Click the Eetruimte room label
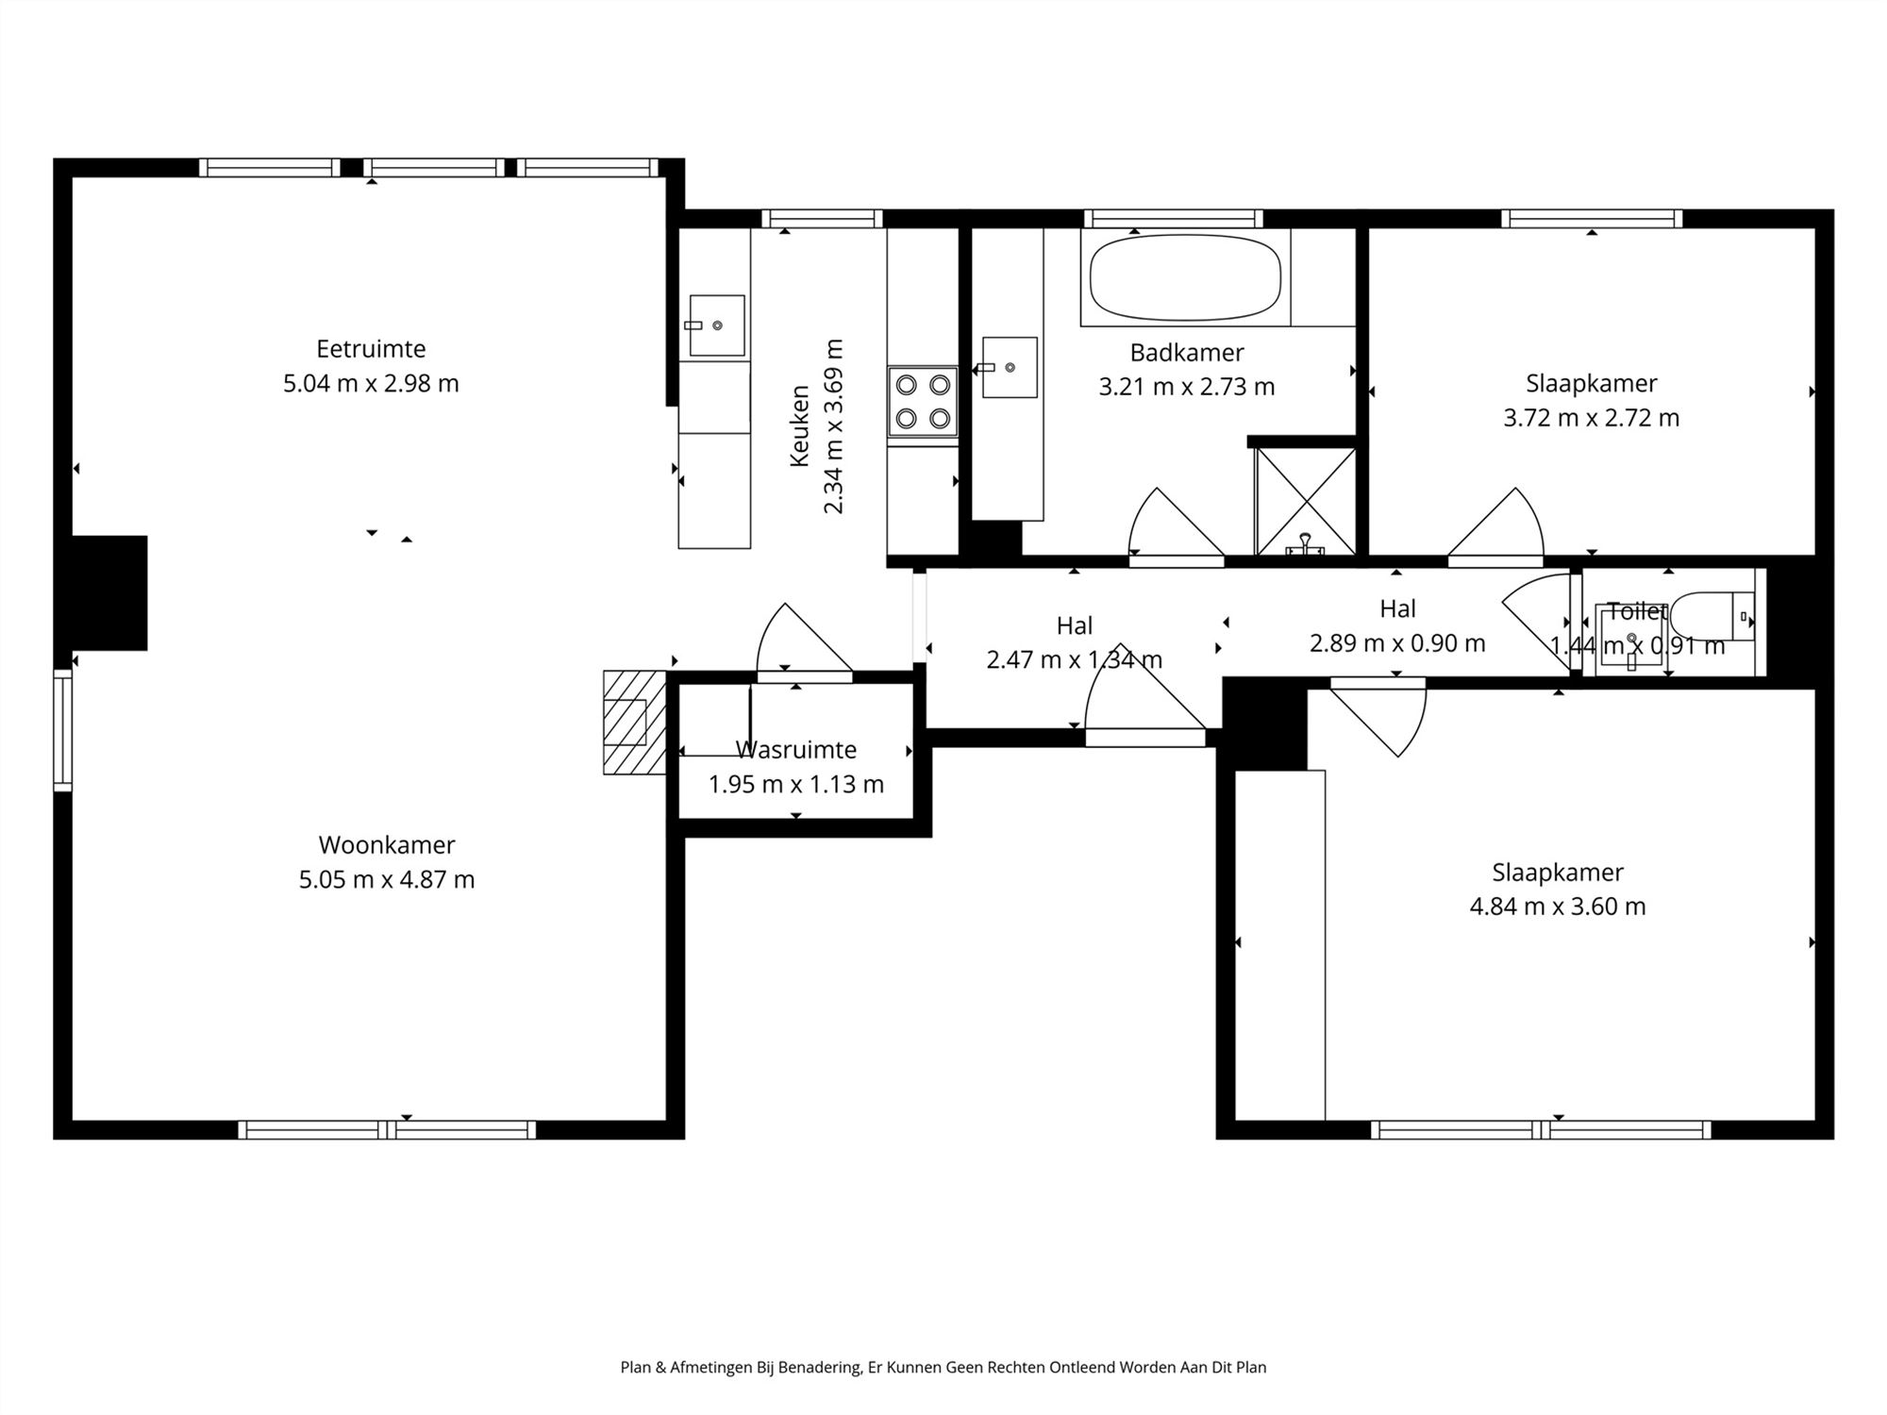pyautogui.click(x=371, y=349)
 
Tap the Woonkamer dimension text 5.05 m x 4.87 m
pyautogui.click(x=387, y=880)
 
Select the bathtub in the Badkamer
pyautogui.click(x=1185, y=278)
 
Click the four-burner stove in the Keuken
pyautogui.click(x=923, y=401)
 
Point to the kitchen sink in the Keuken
pyautogui.click(x=716, y=325)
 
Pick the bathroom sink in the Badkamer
pyautogui.click(x=1009, y=367)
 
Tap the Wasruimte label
pyautogui.click(x=796, y=750)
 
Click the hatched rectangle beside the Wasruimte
pyautogui.click(x=634, y=723)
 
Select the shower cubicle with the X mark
pyautogui.click(x=1305, y=501)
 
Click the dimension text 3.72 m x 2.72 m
pyautogui.click(x=1591, y=418)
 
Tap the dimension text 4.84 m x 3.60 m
pyautogui.click(x=1557, y=907)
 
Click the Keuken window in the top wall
pyautogui.click(x=822, y=219)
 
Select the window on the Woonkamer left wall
pyautogui.click(x=62, y=729)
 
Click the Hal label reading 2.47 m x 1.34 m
pyautogui.click(x=1074, y=659)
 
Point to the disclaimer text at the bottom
pyautogui.click(x=943, y=1367)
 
